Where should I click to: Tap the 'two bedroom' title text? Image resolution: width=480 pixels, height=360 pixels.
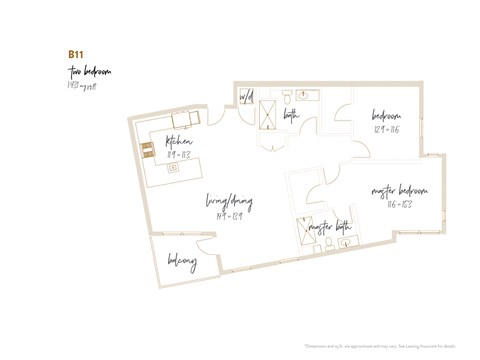(90, 72)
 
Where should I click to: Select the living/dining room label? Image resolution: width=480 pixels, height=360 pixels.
(231, 203)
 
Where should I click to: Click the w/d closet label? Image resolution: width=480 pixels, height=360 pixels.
(246, 97)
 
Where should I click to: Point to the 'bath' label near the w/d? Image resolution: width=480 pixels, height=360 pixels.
(291, 116)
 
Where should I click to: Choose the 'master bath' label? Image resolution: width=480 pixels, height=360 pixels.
(329, 227)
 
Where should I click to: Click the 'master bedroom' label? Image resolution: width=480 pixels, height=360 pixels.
(399, 190)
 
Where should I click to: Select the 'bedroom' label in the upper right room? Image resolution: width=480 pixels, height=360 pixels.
(387, 115)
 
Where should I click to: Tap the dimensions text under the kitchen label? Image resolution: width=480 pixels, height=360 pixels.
(180, 155)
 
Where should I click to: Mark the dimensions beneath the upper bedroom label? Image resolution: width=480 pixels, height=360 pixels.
(387, 130)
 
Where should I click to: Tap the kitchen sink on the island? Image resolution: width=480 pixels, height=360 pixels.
(173, 167)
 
